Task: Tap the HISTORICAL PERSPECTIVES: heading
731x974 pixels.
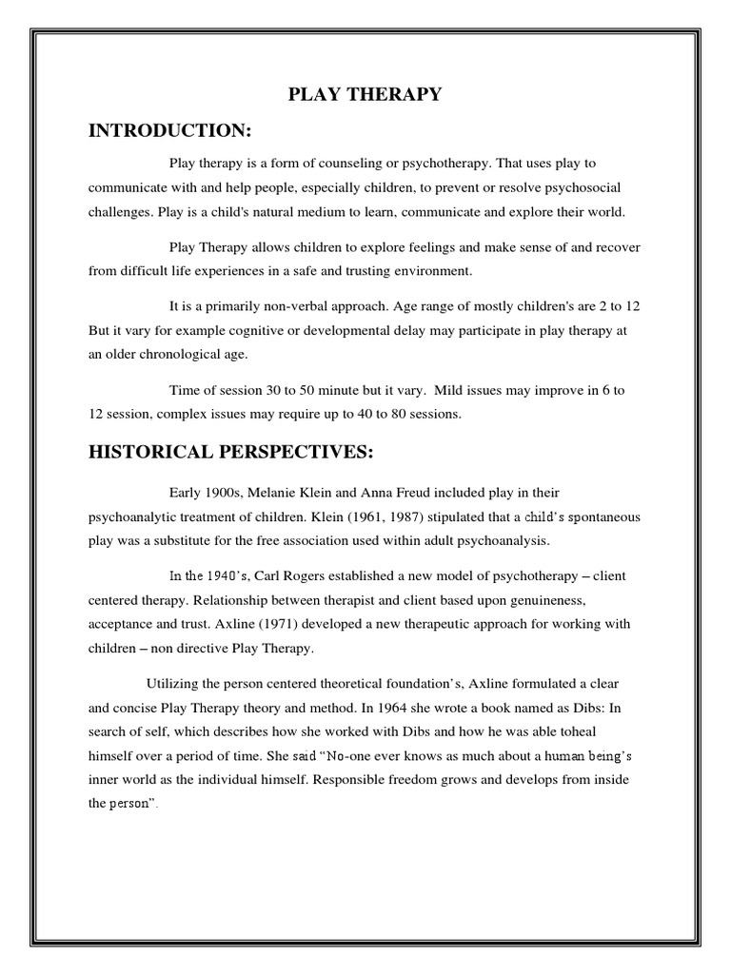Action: pos(230,453)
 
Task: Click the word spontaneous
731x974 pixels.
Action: pos(592,516)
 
